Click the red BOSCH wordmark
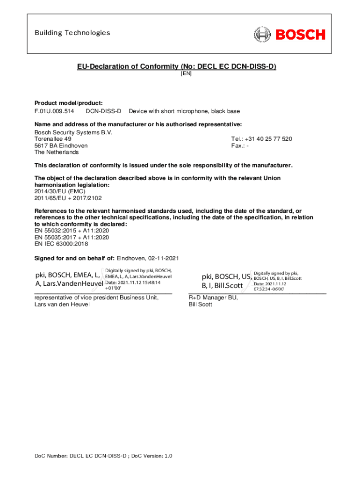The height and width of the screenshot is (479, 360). [300, 34]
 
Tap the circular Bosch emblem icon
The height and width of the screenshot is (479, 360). [262, 34]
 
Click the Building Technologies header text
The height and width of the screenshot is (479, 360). [72, 33]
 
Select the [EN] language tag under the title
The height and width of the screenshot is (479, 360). [186, 73]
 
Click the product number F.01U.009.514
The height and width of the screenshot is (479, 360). [54, 111]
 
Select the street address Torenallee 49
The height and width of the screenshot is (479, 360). [53, 139]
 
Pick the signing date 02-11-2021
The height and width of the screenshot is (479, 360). [164, 259]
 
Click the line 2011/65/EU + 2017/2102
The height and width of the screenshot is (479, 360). [68, 198]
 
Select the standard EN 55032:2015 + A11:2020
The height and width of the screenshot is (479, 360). [72, 231]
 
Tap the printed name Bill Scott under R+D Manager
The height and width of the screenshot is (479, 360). [200, 305]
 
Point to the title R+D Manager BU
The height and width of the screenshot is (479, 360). [213, 298]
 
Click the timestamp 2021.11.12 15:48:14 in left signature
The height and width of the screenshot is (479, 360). [139, 283]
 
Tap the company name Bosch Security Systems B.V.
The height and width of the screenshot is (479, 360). [73, 133]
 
